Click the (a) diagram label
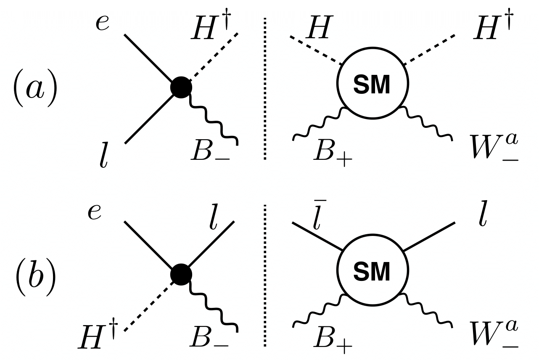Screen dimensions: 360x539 pos(34,90)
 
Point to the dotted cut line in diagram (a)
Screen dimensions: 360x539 pos(264,88)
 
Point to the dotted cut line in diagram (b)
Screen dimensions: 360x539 pos(264,275)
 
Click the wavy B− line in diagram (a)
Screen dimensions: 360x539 pos(214,120)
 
